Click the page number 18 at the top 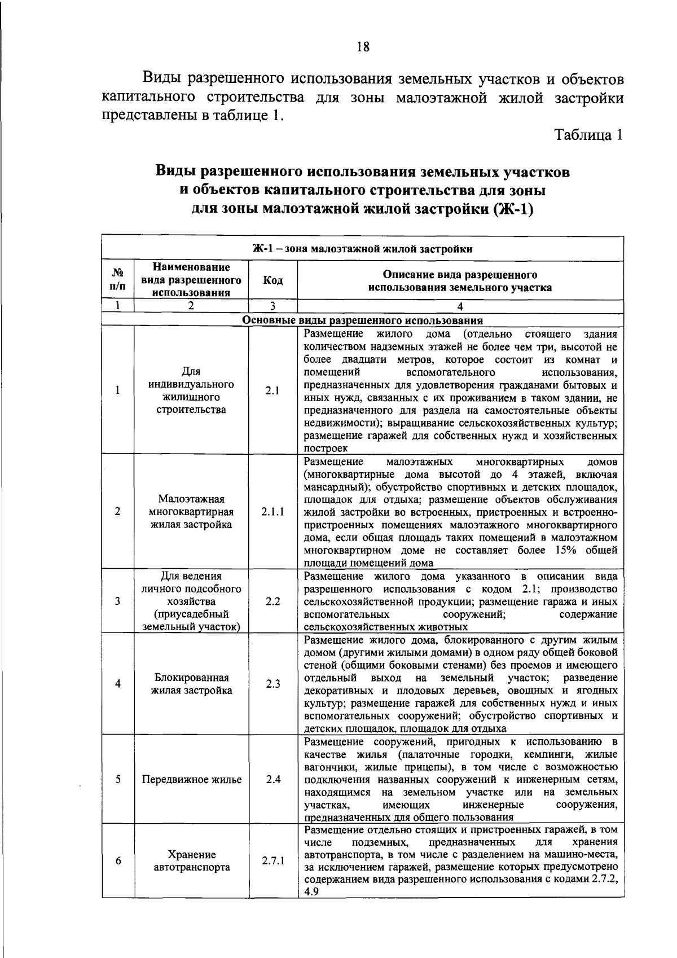[x=363, y=47]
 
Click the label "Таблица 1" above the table [x=589, y=135]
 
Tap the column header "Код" [x=273, y=281]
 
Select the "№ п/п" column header [x=117, y=280]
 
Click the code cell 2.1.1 [x=273, y=512]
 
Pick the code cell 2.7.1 [x=273, y=861]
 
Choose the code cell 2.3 [x=273, y=684]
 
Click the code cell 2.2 [x=273, y=601]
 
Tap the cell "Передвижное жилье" [x=191, y=780]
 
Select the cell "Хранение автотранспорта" [x=191, y=861]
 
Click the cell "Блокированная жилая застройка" [x=191, y=684]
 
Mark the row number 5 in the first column [x=118, y=780]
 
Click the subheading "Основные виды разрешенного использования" [x=362, y=320]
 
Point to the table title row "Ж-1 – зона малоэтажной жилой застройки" [x=362, y=249]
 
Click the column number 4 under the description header [x=460, y=306]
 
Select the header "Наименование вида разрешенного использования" [x=191, y=279]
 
